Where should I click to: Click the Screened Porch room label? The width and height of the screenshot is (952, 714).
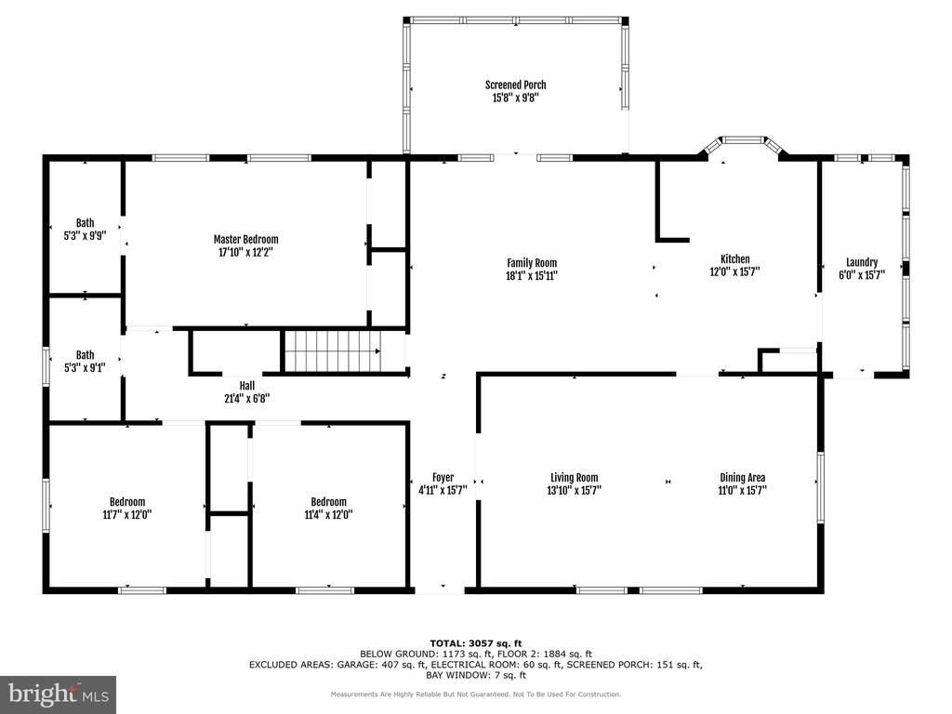click(515, 85)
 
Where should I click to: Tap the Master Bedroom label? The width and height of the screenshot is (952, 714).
click(245, 239)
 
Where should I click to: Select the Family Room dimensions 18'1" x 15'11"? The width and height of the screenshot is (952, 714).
click(532, 275)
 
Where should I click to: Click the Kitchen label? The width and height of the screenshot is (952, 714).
click(734, 258)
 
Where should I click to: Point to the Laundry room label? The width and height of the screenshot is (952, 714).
click(862, 262)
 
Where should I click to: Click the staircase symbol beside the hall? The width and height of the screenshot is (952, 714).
click(334, 350)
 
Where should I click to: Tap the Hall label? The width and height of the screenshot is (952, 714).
click(247, 386)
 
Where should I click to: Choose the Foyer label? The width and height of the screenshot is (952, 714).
click(443, 477)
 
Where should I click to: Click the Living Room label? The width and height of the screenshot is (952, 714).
click(575, 478)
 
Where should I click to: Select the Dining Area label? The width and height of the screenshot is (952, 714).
click(743, 478)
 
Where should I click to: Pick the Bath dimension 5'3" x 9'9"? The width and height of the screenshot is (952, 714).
click(85, 235)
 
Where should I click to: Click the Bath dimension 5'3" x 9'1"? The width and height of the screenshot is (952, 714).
click(85, 368)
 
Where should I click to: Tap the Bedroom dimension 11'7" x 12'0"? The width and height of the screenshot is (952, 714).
click(127, 515)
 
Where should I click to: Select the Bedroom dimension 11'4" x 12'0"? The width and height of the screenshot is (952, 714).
click(328, 515)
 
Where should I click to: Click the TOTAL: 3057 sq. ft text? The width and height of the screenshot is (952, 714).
click(476, 643)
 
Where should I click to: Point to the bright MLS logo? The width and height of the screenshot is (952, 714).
click(59, 694)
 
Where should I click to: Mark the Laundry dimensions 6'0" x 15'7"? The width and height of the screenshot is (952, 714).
click(862, 275)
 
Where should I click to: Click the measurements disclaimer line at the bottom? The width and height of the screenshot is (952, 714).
click(476, 694)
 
